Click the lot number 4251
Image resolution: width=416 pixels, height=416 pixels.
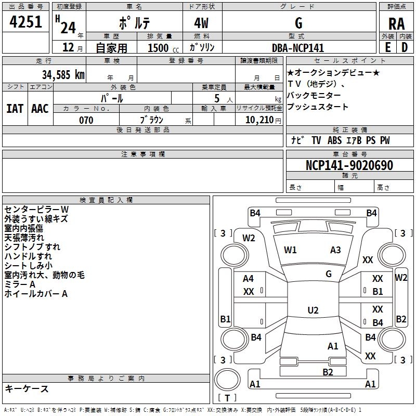[x=25, y=22]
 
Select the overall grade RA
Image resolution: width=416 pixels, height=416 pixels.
[x=396, y=24]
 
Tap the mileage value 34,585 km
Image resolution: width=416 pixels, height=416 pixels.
[x=63, y=75]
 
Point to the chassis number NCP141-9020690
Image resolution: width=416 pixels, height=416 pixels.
[x=349, y=165]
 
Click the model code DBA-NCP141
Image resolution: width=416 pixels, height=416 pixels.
[x=298, y=48]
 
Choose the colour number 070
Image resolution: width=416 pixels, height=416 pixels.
[x=86, y=120]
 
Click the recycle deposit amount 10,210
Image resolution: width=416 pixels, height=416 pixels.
[x=259, y=120]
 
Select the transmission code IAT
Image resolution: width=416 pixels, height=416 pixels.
[x=15, y=109]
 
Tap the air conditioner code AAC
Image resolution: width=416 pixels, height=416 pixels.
[x=40, y=109]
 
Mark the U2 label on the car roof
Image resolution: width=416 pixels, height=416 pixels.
[x=313, y=310]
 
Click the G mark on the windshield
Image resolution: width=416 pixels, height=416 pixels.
[x=329, y=274]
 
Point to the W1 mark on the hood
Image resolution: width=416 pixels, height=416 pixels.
[x=290, y=250]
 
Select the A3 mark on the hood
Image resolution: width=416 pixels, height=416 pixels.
[x=335, y=250]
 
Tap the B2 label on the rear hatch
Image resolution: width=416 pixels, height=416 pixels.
[x=328, y=372]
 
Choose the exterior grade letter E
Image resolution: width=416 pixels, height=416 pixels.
[x=388, y=47]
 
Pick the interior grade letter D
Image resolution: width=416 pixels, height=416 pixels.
[x=405, y=47]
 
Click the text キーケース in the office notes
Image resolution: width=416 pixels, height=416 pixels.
[x=27, y=388]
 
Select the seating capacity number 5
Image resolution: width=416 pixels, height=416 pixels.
[x=217, y=99]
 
